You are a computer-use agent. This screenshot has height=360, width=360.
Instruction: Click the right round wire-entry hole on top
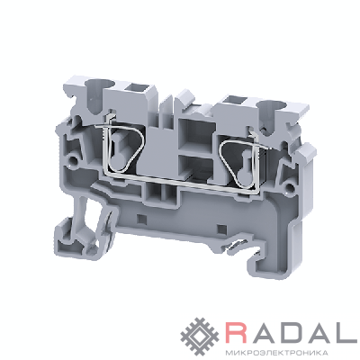(271, 106)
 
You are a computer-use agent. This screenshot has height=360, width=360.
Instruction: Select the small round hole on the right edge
(290, 189)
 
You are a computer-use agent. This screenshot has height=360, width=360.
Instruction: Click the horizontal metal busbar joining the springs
(180, 183)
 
